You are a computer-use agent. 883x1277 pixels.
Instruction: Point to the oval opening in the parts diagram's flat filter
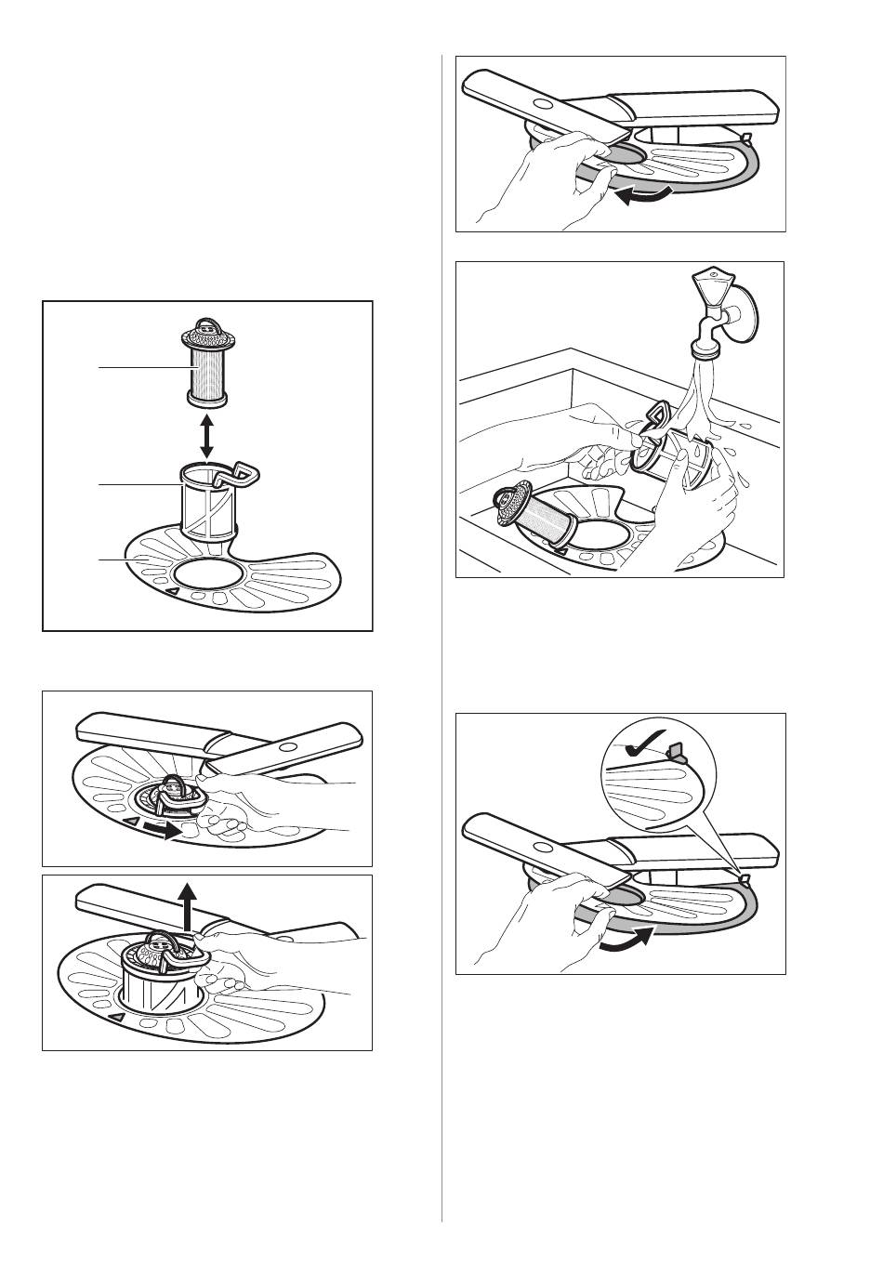click(205, 574)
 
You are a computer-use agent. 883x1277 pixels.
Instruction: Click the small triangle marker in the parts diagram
click(171, 591)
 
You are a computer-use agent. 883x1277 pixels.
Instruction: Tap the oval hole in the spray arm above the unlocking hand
click(286, 746)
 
